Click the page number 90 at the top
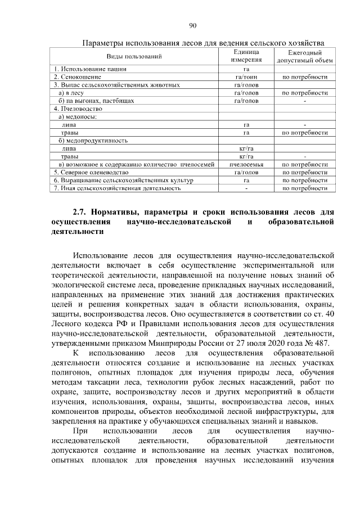coord(192,26)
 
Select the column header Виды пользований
coord(134,56)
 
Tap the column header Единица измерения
coord(246,56)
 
